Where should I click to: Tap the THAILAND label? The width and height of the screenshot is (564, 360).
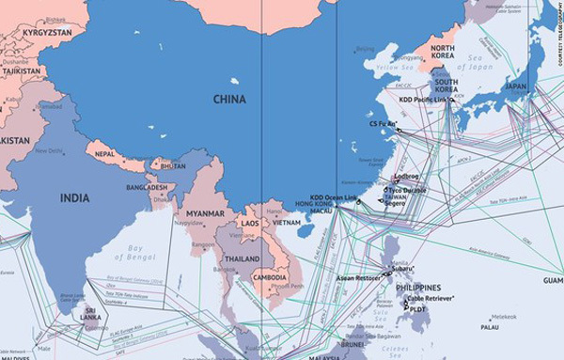pyautogui.click(x=243, y=258)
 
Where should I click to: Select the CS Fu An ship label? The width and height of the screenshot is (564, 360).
pyautogui.click(x=383, y=122)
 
